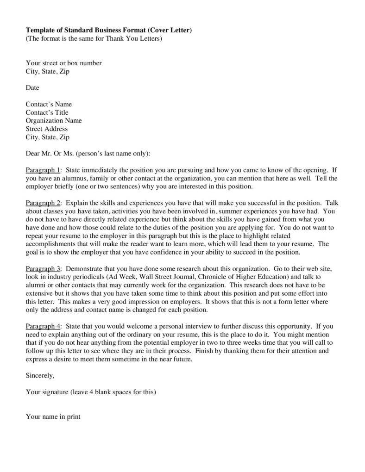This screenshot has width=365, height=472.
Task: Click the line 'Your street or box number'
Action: [x=63, y=63]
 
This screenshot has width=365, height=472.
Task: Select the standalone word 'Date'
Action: [x=32, y=87]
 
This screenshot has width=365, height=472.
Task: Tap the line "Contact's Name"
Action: [x=49, y=104]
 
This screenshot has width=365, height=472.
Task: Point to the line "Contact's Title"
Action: [x=47, y=112]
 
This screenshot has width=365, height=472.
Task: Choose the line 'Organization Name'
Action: [x=54, y=121]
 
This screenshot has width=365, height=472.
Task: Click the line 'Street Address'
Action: [x=47, y=129]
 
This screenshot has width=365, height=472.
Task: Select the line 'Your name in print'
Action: [x=53, y=417]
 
